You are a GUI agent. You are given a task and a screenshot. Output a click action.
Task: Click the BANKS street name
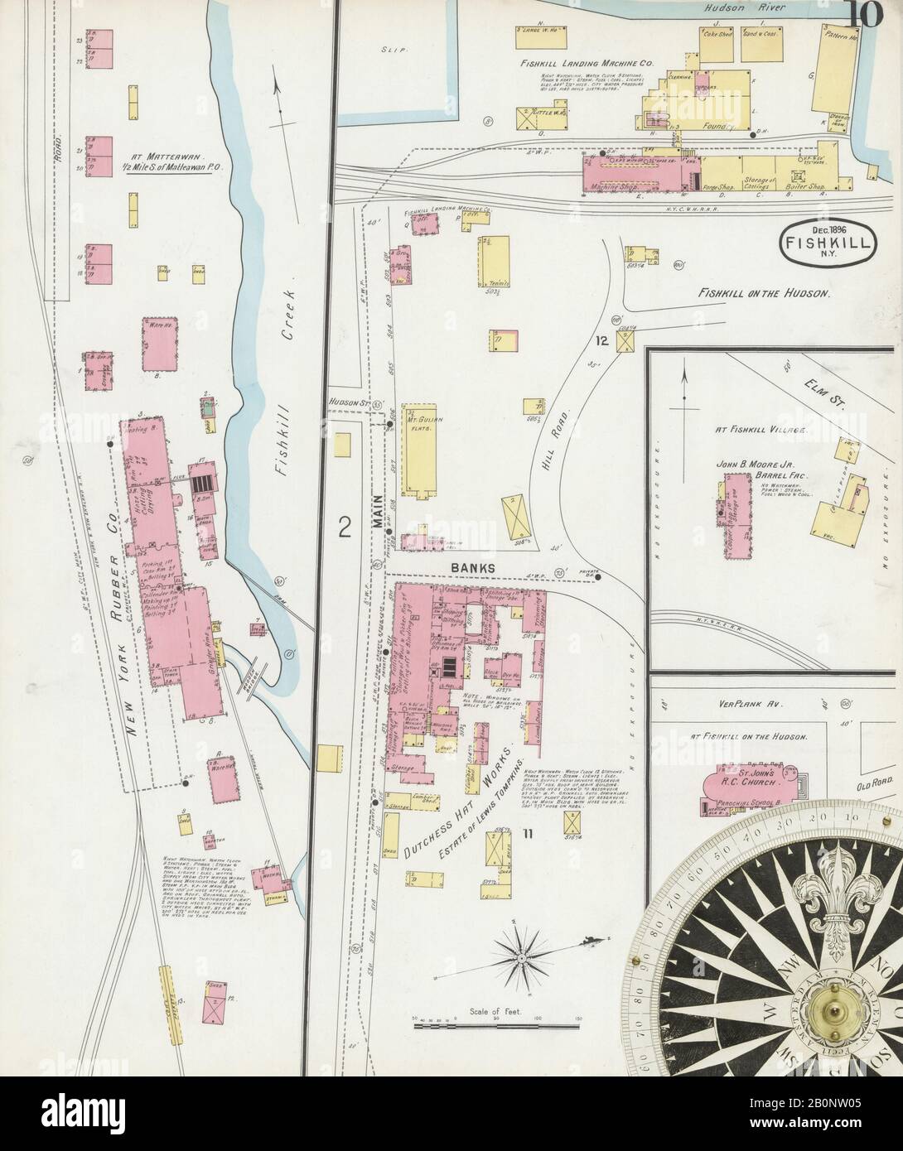[472, 567]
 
